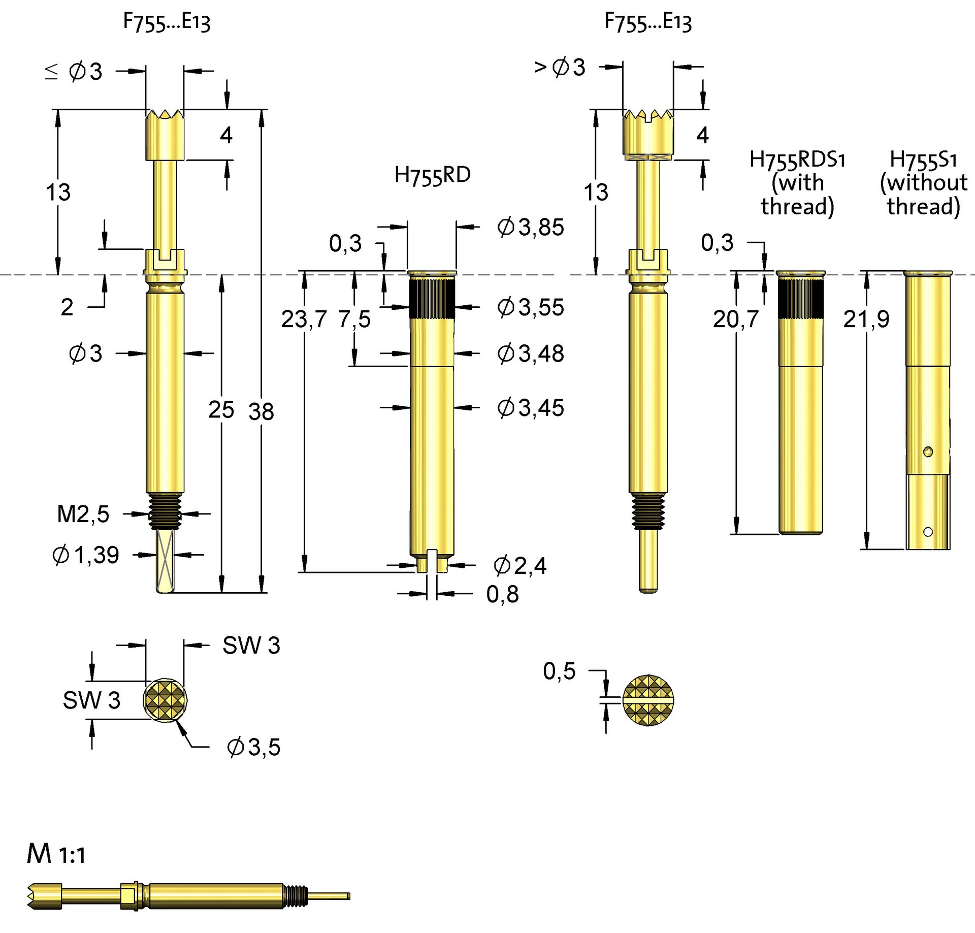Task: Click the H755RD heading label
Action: click(432, 176)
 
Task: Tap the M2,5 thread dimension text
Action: click(83, 514)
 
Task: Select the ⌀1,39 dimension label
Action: click(85, 555)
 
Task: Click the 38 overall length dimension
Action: click(261, 411)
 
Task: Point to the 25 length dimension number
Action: click(221, 409)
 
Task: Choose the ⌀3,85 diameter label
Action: click(530, 227)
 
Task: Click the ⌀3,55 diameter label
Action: click(530, 307)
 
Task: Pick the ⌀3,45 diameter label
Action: click(530, 408)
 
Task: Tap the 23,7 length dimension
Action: click(304, 319)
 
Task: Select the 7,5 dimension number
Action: click(354, 319)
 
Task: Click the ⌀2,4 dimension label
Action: click(520, 566)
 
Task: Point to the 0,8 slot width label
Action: click(502, 594)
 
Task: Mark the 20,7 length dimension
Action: click(735, 319)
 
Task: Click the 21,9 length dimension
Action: click(866, 319)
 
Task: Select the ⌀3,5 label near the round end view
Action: click(253, 747)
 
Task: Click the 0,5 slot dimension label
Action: click(559, 671)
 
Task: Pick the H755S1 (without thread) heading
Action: click(923, 183)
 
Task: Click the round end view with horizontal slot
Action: click(648, 700)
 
